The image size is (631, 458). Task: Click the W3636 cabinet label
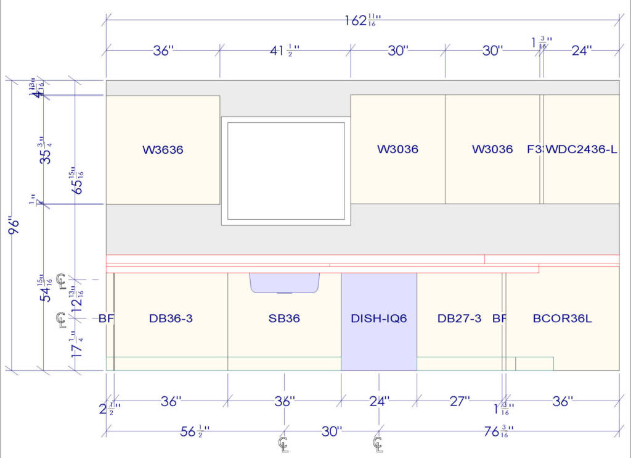click(163, 149)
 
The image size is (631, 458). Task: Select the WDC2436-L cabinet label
click(582, 149)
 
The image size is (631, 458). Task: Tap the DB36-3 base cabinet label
click(171, 319)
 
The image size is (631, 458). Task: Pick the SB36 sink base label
click(284, 319)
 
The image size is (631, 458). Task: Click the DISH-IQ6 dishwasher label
click(379, 319)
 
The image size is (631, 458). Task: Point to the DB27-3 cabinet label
click(459, 319)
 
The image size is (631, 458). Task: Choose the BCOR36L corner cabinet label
click(562, 319)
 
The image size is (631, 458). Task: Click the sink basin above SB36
click(285, 282)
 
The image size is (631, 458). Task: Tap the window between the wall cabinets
click(286, 170)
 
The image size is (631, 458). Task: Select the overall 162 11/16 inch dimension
click(362, 20)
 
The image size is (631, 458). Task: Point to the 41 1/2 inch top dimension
click(285, 51)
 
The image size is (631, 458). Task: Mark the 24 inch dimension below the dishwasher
click(379, 402)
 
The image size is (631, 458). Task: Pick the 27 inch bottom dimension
click(459, 402)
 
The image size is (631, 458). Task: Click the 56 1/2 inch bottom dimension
click(193, 431)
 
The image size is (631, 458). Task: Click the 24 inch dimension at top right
click(580, 51)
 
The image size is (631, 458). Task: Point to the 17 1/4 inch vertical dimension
click(77, 346)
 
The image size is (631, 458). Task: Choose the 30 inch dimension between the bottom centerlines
click(332, 431)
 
